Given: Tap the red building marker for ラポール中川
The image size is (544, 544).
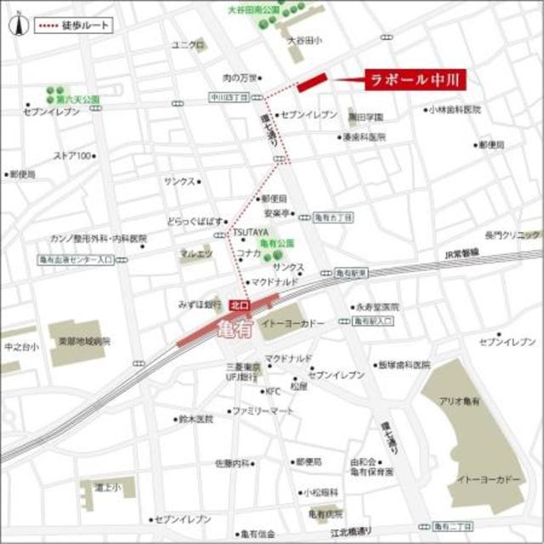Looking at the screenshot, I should coord(312,81).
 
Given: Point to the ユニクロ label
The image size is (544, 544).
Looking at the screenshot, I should coord(187,45).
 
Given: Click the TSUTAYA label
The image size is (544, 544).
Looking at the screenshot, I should coord(252,231).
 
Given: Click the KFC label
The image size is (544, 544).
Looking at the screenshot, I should coord(272,391).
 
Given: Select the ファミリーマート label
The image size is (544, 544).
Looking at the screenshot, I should coord(263,411).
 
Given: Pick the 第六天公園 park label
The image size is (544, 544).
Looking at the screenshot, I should coord(78,99).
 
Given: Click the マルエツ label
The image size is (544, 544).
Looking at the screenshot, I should coord(195,253).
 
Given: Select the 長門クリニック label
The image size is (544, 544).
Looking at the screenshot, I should coord(513,234).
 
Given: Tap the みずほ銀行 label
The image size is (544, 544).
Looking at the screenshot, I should coord(201,303).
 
